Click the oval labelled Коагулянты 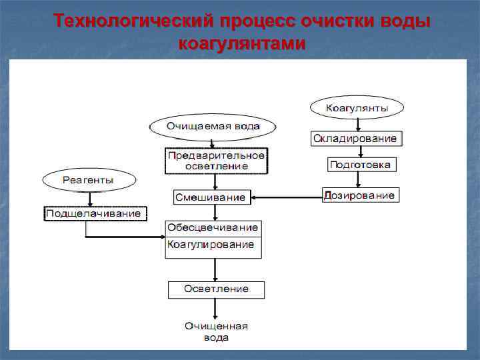coord(357,107)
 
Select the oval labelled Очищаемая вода coord(213,126)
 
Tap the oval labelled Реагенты coord(89,180)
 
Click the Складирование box coord(357,139)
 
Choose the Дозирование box coord(361,195)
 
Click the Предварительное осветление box coord(216,161)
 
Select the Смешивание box coord(210,197)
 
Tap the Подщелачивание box coord(95,213)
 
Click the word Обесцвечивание coord(213,228)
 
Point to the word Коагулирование coord(211,245)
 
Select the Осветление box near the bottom coord(215,289)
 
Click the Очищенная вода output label coord(216,331)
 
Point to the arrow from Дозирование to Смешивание coord(287,197)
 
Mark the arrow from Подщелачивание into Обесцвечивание coord(127,237)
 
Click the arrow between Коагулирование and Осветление coord(215,270)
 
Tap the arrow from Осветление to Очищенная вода coord(215,308)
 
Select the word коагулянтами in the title coord(242,44)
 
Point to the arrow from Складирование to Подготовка coord(361,152)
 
